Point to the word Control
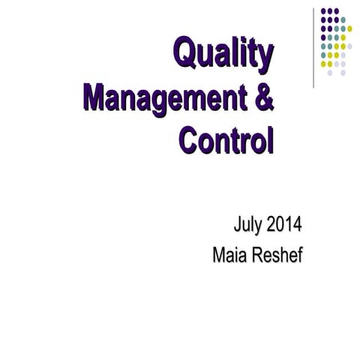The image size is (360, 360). (226, 140)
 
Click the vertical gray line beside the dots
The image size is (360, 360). (313, 45)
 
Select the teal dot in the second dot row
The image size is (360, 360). (343, 19)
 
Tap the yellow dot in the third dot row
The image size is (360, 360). (349, 28)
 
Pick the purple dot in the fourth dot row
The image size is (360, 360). (323, 37)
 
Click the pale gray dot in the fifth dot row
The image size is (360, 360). (349, 46)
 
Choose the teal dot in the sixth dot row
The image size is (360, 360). (323, 55)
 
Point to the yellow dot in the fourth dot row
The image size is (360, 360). (343, 37)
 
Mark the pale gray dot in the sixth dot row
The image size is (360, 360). (343, 55)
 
